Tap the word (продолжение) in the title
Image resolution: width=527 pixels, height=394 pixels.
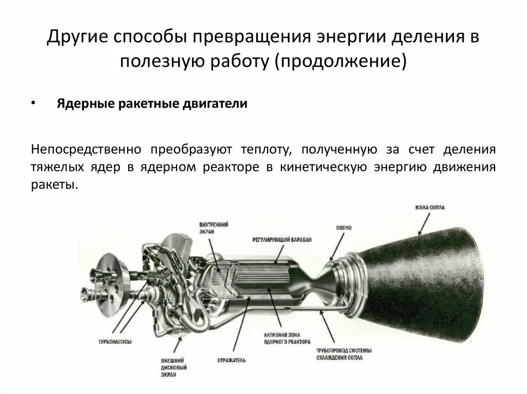341,62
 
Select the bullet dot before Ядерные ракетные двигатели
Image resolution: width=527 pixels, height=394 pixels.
33,103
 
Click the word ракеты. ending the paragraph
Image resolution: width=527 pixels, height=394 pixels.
54,184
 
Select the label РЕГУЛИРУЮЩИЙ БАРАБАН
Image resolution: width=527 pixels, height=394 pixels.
282,240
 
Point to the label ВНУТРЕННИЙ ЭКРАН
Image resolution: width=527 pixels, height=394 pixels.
214,228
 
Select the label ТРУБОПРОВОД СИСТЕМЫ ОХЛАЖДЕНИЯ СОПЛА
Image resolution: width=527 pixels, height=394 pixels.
344,354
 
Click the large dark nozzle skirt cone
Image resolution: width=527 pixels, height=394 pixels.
437,288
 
